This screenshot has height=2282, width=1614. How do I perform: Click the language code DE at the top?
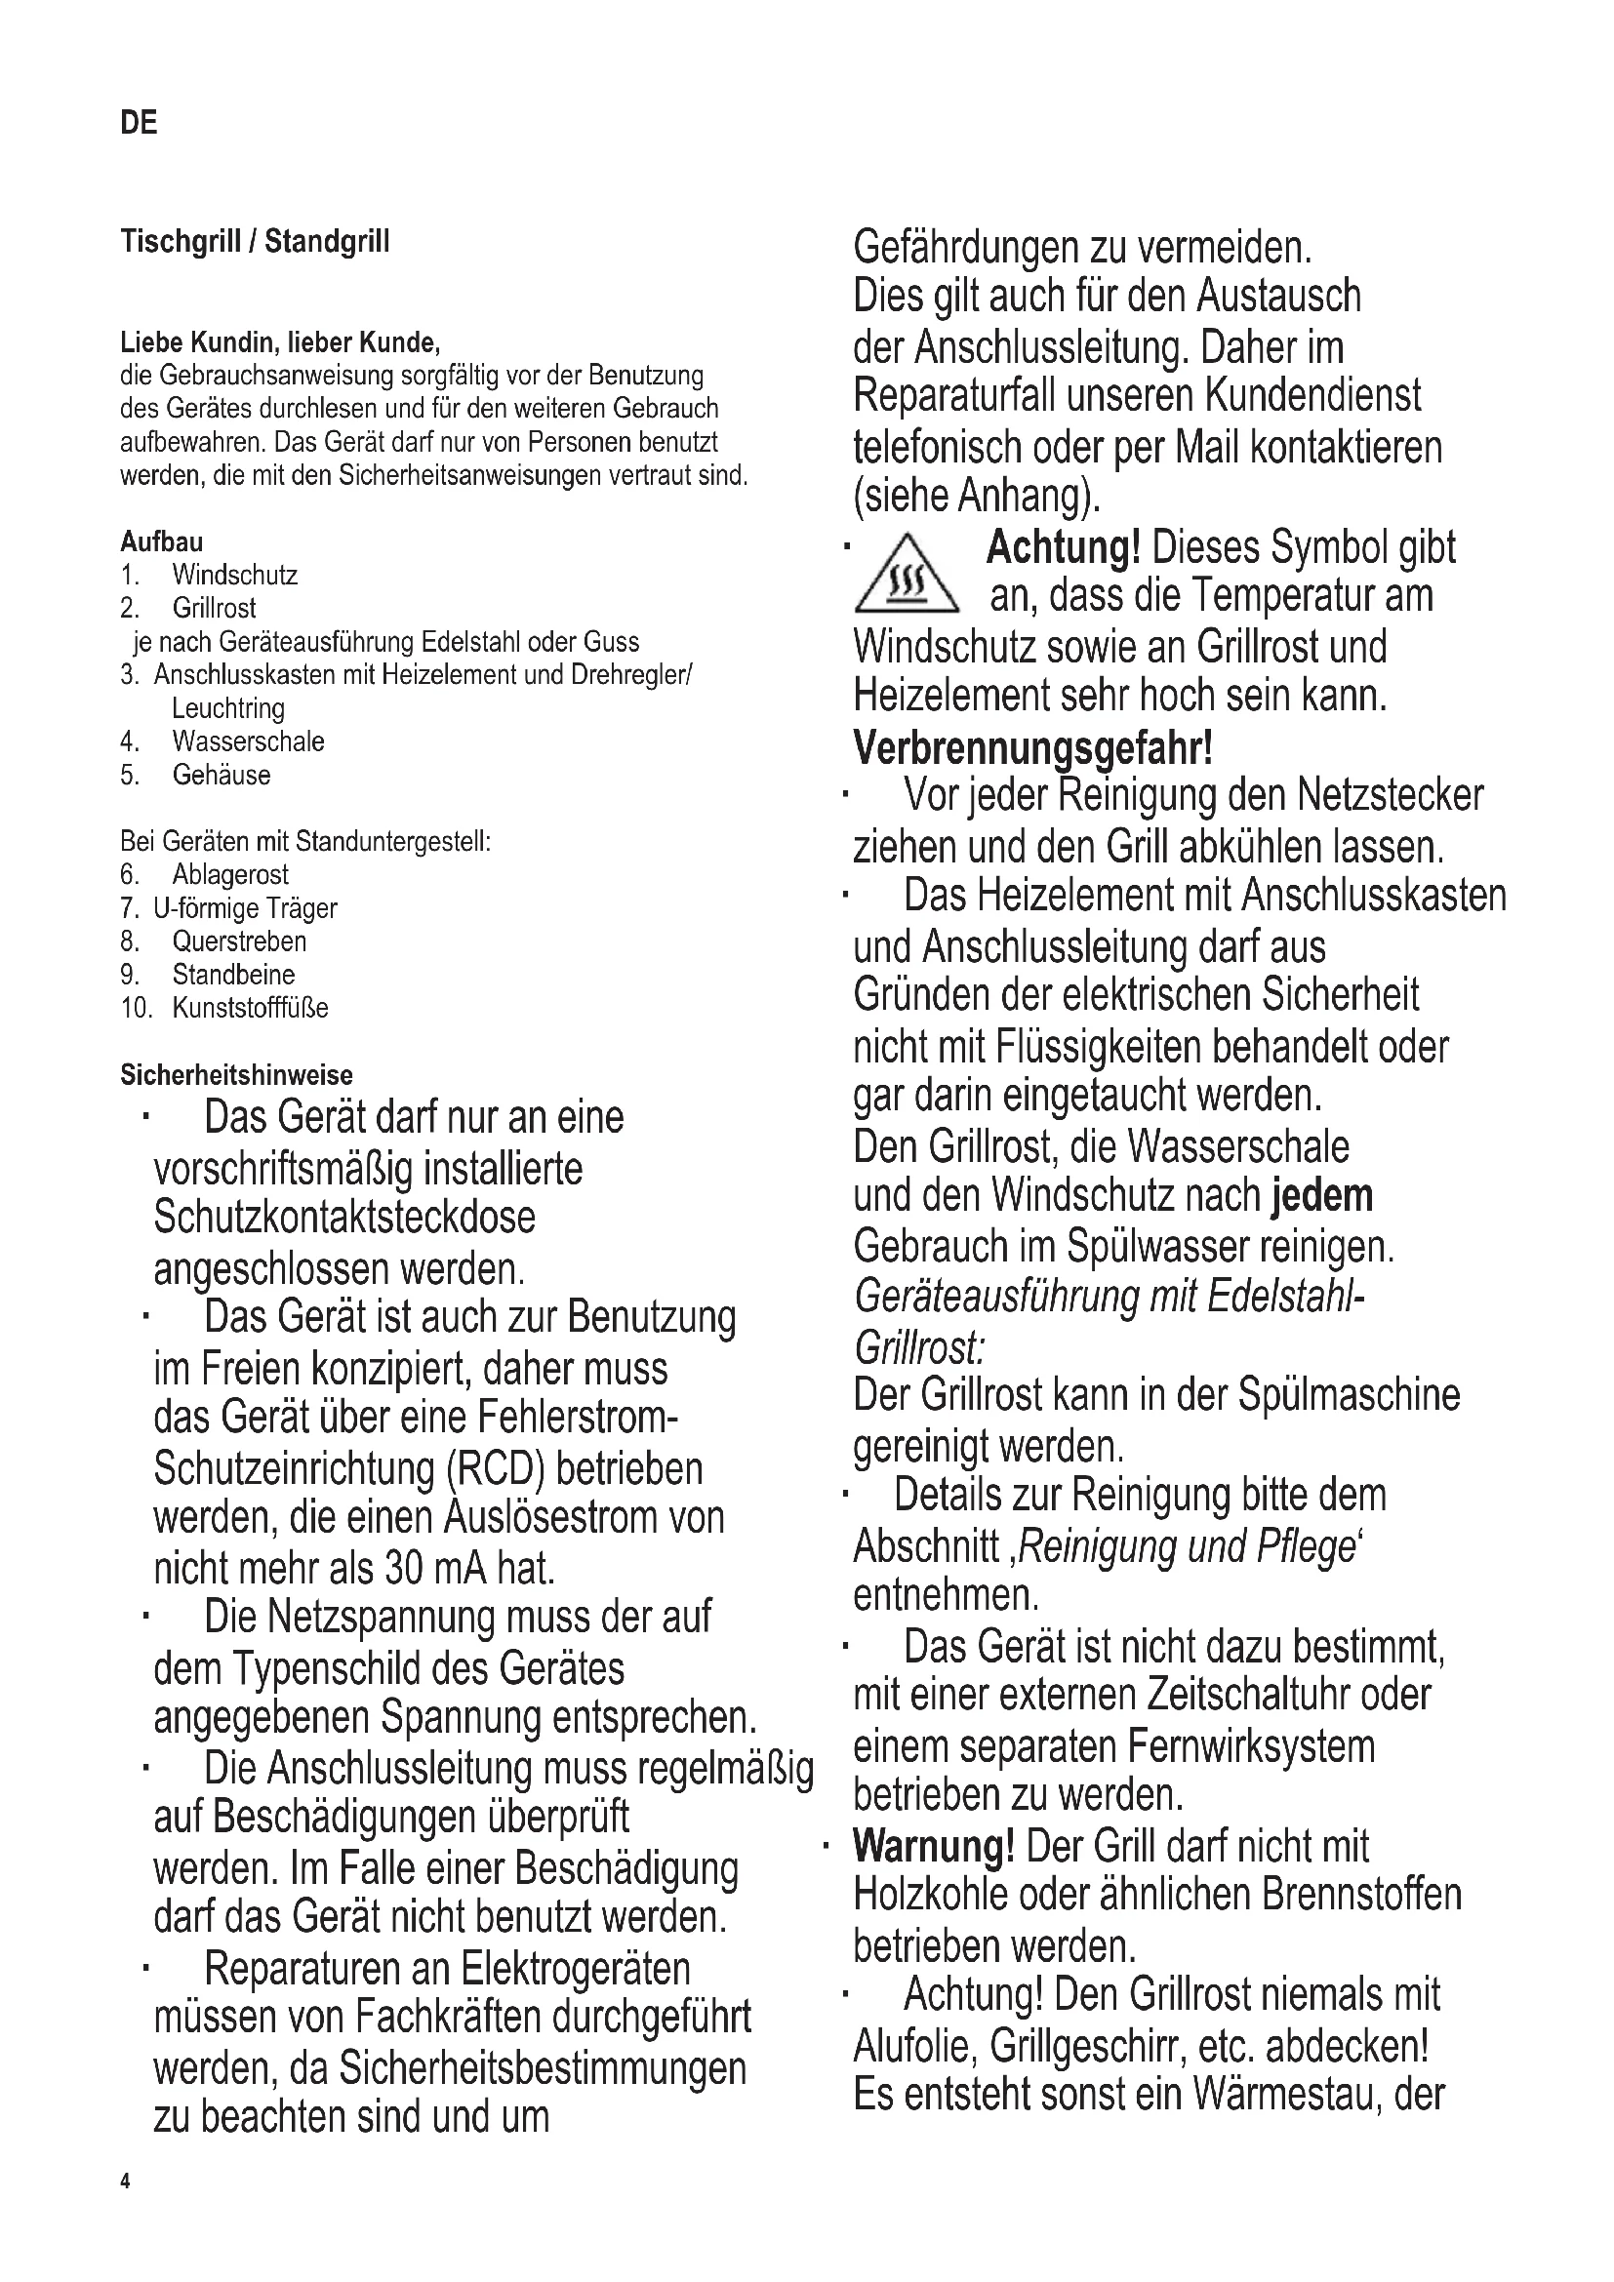[x=139, y=123]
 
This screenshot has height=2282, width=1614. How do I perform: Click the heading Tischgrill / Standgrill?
[x=255, y=242]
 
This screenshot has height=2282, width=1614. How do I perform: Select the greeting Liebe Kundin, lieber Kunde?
[x=279, y=342]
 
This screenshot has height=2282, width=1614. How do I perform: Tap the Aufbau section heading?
[x=161, y=541]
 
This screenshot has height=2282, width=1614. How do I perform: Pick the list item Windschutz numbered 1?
[x=234, y=576]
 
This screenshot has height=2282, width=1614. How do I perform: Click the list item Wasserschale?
[x=248, y=741]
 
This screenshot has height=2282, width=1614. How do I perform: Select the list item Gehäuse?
[x=221, y=776]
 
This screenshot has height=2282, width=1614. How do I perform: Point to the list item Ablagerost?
[x=229, y=874]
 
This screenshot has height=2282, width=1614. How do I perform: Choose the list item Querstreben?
[x=238, y=941]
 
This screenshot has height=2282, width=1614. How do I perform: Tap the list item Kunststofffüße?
[x=250, y=1008]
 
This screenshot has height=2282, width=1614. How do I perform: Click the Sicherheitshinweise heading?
[x=236, y=1075]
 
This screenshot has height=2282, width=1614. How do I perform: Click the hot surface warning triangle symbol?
[x=906, y=575]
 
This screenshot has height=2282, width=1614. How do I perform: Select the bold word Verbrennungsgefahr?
[x=1032, y=747]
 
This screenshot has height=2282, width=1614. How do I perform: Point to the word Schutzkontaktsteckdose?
[x=343, y=1218]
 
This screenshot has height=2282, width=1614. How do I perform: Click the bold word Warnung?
[x=933, y=1846]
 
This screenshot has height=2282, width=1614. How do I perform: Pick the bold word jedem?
[x=1322, y=1196]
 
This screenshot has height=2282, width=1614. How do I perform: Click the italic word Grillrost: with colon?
[x=919, y=1347]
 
